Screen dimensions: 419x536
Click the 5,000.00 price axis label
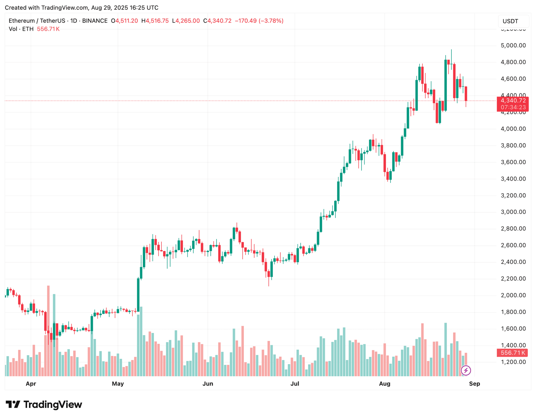click(x=513, y=46)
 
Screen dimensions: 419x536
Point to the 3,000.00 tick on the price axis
click(x=513, y=212)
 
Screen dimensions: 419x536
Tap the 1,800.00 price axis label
click(x=513, y=312)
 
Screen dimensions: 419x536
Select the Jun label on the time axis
click(x=208, y=384)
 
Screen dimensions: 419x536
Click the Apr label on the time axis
click(x=31, y=384)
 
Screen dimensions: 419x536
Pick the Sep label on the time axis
click(x=474, y=384)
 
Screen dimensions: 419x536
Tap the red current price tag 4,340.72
click(x=512, y=101)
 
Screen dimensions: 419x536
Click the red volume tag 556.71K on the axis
click(x=512, y=353)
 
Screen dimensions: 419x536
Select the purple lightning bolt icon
click(x=466, y=370)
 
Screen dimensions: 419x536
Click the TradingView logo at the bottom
click(x=44, y=405)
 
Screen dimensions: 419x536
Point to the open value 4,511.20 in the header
click(x=127, y=21)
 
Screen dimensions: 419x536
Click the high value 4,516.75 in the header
click(x=157, y=21)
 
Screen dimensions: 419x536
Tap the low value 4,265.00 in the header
click(x=187, y=21)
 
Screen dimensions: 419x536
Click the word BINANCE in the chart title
click(x=95, y=21)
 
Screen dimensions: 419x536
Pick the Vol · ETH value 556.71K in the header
click(x=48, y=29)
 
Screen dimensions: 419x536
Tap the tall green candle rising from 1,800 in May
click(x=138, y=295)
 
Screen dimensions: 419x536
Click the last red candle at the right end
click(x=466, y=94)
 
